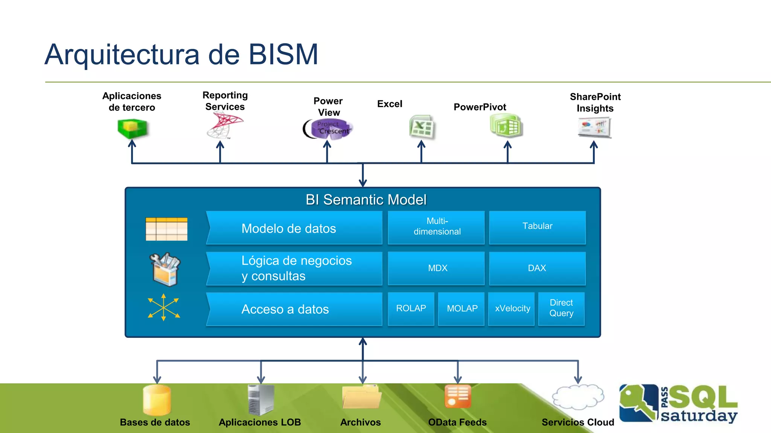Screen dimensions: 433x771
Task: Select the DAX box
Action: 537,268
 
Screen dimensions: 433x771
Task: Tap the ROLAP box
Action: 411,309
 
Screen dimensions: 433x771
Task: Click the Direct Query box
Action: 561,309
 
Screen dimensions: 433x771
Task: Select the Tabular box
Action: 537,227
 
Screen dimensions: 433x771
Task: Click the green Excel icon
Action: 422,127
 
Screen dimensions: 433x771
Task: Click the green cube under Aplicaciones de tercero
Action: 132,129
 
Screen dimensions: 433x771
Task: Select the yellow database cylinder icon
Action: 157,400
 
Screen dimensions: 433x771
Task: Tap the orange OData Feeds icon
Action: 457,396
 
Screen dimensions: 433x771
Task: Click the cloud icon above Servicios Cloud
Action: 577,397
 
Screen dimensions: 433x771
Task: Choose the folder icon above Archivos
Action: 362,397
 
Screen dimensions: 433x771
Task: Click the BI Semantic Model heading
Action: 366,200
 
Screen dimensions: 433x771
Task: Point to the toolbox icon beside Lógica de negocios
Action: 165,269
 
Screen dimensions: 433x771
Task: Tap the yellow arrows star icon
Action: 164,307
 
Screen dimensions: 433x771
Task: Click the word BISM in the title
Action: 283,55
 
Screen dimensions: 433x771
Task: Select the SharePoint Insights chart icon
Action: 594,128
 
